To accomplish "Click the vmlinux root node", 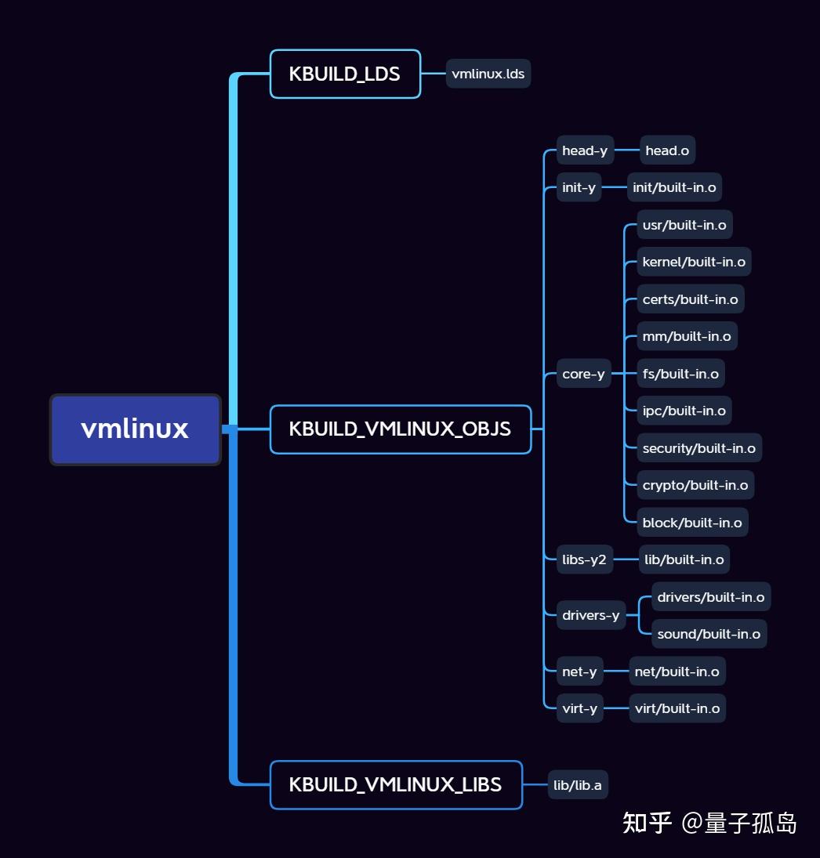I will click(135, 429).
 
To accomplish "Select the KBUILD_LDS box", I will click(345, 74).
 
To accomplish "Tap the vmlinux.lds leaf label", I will click(488, 74).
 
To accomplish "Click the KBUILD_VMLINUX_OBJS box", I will click(400, 429).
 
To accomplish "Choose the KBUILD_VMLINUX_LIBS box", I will click(395, 784).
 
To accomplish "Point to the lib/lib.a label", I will click(578, 785).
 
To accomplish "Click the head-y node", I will click(585, 150).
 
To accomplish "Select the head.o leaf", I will click(667, 150).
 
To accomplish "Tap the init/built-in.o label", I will click(674, 187).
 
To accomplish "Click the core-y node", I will click(583, 374).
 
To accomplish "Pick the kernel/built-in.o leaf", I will click(694, 262).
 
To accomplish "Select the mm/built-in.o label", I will click(687, 336).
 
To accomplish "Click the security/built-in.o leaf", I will click(698, 448).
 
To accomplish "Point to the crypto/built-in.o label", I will click(695, 485).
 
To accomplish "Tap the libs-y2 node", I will click(584, 559).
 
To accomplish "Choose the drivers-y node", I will click(590, 615).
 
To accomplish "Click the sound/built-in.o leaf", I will click(709, 634).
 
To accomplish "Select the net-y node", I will click(579, 672).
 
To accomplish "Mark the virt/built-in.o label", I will click(677, 708).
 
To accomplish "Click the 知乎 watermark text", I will click(647, 823).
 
